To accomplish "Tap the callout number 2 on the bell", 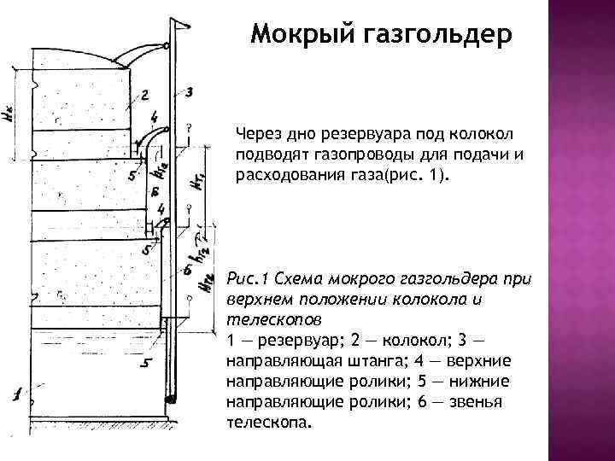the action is [x=143, y=94].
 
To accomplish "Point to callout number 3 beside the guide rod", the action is [x=190, y=91].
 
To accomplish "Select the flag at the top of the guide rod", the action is [x=181, y=29].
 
